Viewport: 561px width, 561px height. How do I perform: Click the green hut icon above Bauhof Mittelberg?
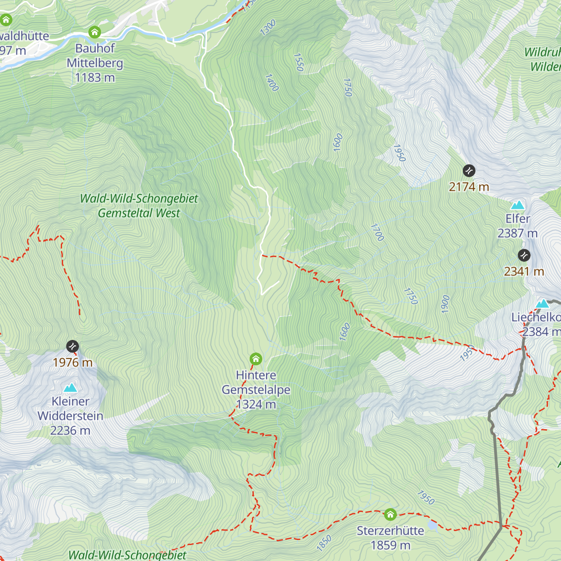pos(95,32)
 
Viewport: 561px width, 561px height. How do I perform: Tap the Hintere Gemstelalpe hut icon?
pos(256,359)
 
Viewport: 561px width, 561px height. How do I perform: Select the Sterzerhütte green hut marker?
pos(390,515)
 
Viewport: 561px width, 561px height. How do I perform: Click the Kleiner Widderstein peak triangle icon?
pos(71,388)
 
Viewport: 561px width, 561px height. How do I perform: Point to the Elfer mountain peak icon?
pos(518,205)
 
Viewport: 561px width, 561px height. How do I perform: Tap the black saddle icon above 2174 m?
pos(469,171)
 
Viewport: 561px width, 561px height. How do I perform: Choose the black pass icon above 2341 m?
pos(524,255)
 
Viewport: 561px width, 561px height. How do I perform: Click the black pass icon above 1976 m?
pos(72,346)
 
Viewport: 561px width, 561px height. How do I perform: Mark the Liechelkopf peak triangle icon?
pos(542,303)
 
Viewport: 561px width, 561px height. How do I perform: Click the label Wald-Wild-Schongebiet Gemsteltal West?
pos(139,206)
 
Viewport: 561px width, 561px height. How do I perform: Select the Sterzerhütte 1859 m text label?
pos(390,538)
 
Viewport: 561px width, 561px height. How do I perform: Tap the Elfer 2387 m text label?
pos(518,226)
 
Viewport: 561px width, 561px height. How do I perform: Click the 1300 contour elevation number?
pos(268,28)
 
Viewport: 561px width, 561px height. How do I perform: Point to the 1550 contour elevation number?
pos(299,62)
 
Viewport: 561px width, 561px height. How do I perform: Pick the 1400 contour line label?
pos(272,83)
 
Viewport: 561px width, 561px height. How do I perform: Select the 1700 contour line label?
pos(377,232)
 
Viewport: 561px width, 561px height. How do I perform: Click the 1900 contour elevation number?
pos(445,304)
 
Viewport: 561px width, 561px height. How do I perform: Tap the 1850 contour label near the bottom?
pos(324,542)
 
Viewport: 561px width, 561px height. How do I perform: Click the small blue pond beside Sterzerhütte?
pos(433,526)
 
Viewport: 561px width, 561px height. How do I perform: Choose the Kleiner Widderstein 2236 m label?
pos(71,416)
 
